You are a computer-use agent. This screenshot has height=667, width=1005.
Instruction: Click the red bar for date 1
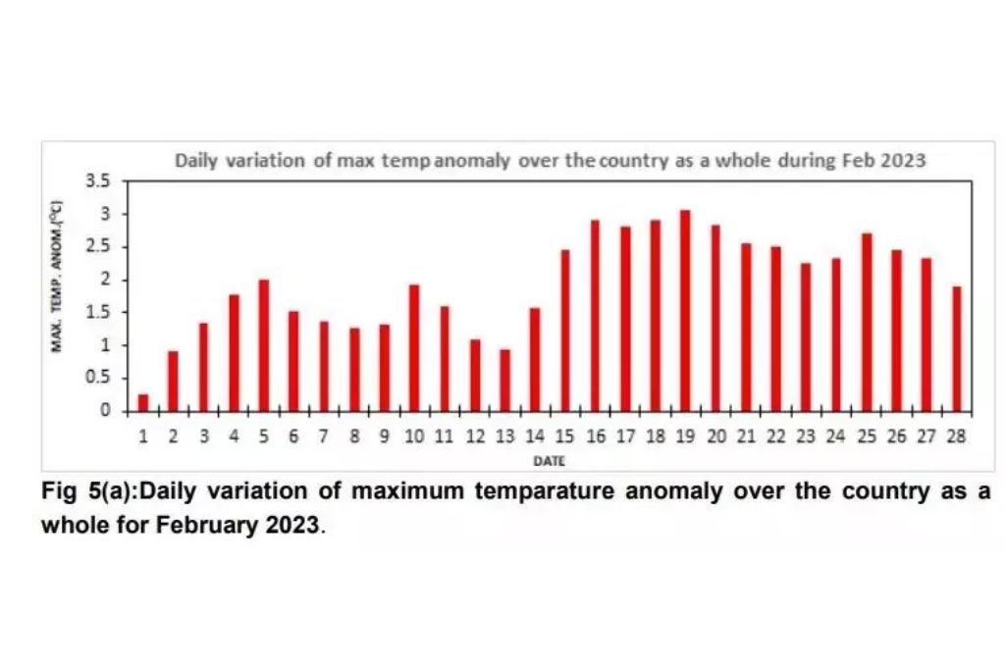point(143,402)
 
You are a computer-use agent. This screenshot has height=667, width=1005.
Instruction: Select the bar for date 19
point(685,310)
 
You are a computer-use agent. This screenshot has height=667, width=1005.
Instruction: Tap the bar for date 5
point(263,345)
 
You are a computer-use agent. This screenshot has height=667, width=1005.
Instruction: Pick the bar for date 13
point(504,380)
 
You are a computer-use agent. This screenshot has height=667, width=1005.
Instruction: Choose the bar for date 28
point(956,348)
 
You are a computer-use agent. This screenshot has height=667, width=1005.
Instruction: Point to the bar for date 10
point(414,347)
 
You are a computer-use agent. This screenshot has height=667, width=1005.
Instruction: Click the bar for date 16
point(595,315)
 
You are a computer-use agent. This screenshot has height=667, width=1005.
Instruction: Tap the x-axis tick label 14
point(535,436)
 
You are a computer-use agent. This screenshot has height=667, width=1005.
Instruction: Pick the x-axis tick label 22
point(775,436)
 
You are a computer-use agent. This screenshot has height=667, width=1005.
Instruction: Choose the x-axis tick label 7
point(324,436)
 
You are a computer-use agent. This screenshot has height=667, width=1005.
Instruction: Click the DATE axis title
point(549,459)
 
